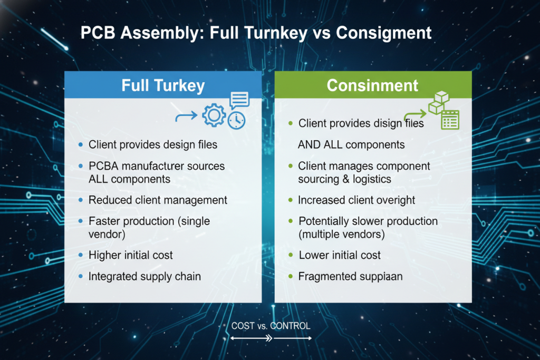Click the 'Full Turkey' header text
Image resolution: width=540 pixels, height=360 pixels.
pos(163,85)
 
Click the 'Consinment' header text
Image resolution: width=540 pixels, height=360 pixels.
pos(372,85)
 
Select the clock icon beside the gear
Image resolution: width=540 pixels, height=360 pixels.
pos(237,120)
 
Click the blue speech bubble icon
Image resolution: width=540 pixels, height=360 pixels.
pos(239,100)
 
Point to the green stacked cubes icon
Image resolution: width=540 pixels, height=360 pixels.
pos(438,102)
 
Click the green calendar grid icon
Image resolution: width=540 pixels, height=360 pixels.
pos(449,120)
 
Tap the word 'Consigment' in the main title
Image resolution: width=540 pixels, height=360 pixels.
pos(383,33)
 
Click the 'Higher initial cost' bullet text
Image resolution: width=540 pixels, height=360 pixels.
pos(131,255)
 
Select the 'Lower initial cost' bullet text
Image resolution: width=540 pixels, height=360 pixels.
pos(340,255)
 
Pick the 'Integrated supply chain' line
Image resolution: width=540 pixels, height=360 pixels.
pos(144,276)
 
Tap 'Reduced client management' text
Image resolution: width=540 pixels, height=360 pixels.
pos(158,200)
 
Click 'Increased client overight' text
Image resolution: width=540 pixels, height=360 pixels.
pos(356,200)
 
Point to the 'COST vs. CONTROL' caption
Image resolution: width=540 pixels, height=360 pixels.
pos(271,326)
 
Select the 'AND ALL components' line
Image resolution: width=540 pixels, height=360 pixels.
pos(351,144)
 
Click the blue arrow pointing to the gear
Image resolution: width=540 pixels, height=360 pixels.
pos(186,115)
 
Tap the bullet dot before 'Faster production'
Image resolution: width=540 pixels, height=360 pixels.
pos(80,221)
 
